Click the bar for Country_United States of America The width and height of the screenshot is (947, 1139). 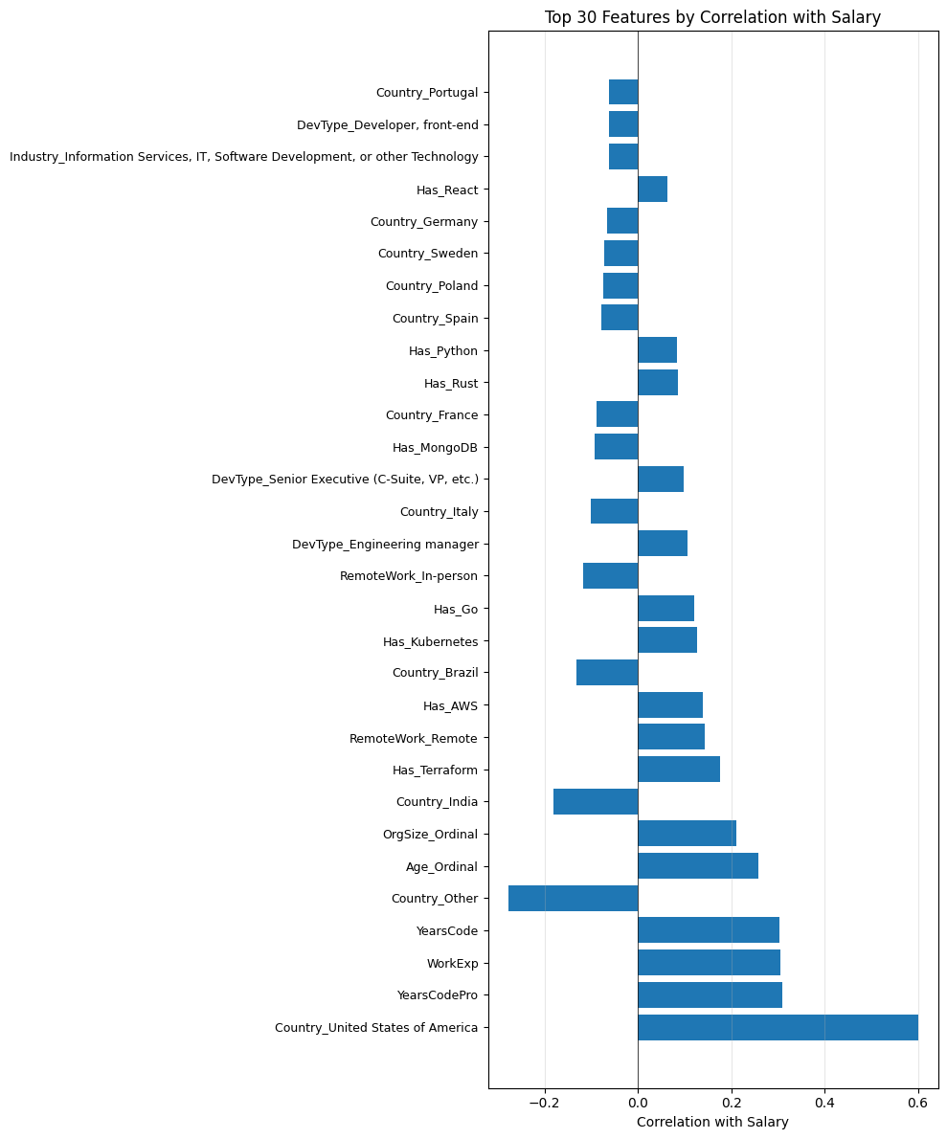tap(778, 1027)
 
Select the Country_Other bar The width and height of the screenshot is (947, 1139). tap(573, 898)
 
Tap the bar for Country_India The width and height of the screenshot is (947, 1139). tap(596, 801)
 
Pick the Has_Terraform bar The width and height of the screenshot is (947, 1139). tap(679, 769)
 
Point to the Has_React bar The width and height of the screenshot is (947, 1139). tap(652, 189)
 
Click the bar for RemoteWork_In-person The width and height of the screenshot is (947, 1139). tap(610, 575)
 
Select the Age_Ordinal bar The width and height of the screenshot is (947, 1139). tap(698, 865)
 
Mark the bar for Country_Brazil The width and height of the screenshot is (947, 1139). tap(607, 672)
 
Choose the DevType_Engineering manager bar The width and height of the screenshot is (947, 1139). tap(663, 543)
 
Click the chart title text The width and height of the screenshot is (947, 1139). tap(712, 16)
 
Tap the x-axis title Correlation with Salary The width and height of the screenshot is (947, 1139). tap(712, 1122)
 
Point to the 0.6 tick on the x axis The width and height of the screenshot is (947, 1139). tap(917, 1102)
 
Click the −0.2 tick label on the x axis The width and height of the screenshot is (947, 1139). tap(544, 1102)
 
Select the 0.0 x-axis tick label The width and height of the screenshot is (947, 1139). tap(638, 1102)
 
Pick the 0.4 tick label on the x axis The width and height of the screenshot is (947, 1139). tap(824, 1102)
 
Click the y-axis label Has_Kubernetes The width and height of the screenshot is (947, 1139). tap(430, 640)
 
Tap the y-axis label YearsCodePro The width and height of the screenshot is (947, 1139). tap(437, 994)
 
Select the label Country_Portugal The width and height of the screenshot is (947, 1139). tap(426, 92)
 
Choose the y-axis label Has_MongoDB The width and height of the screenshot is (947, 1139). tap(435, 447)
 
